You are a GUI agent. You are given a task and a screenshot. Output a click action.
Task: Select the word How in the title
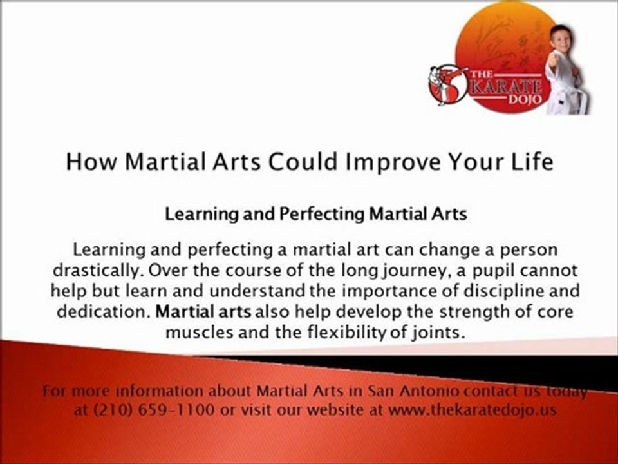point(92,161)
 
